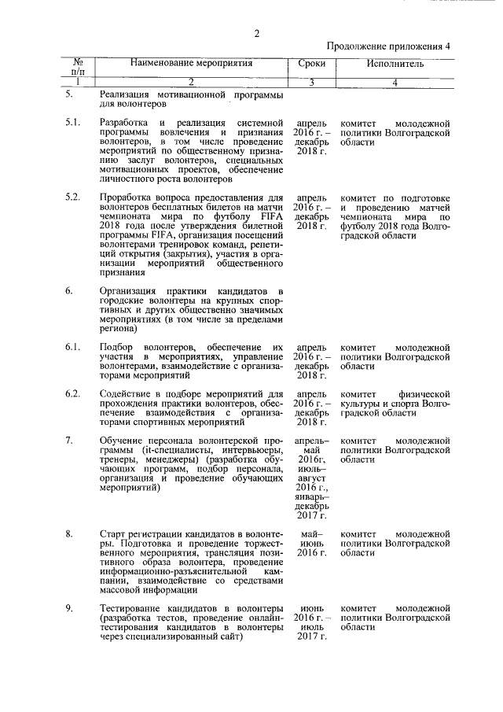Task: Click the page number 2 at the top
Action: coord(256,32)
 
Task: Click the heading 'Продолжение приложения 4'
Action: coord(388,46)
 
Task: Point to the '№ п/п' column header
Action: coord(78,66)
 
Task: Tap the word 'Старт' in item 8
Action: coord(114,534)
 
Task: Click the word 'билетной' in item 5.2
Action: coord(239,226)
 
